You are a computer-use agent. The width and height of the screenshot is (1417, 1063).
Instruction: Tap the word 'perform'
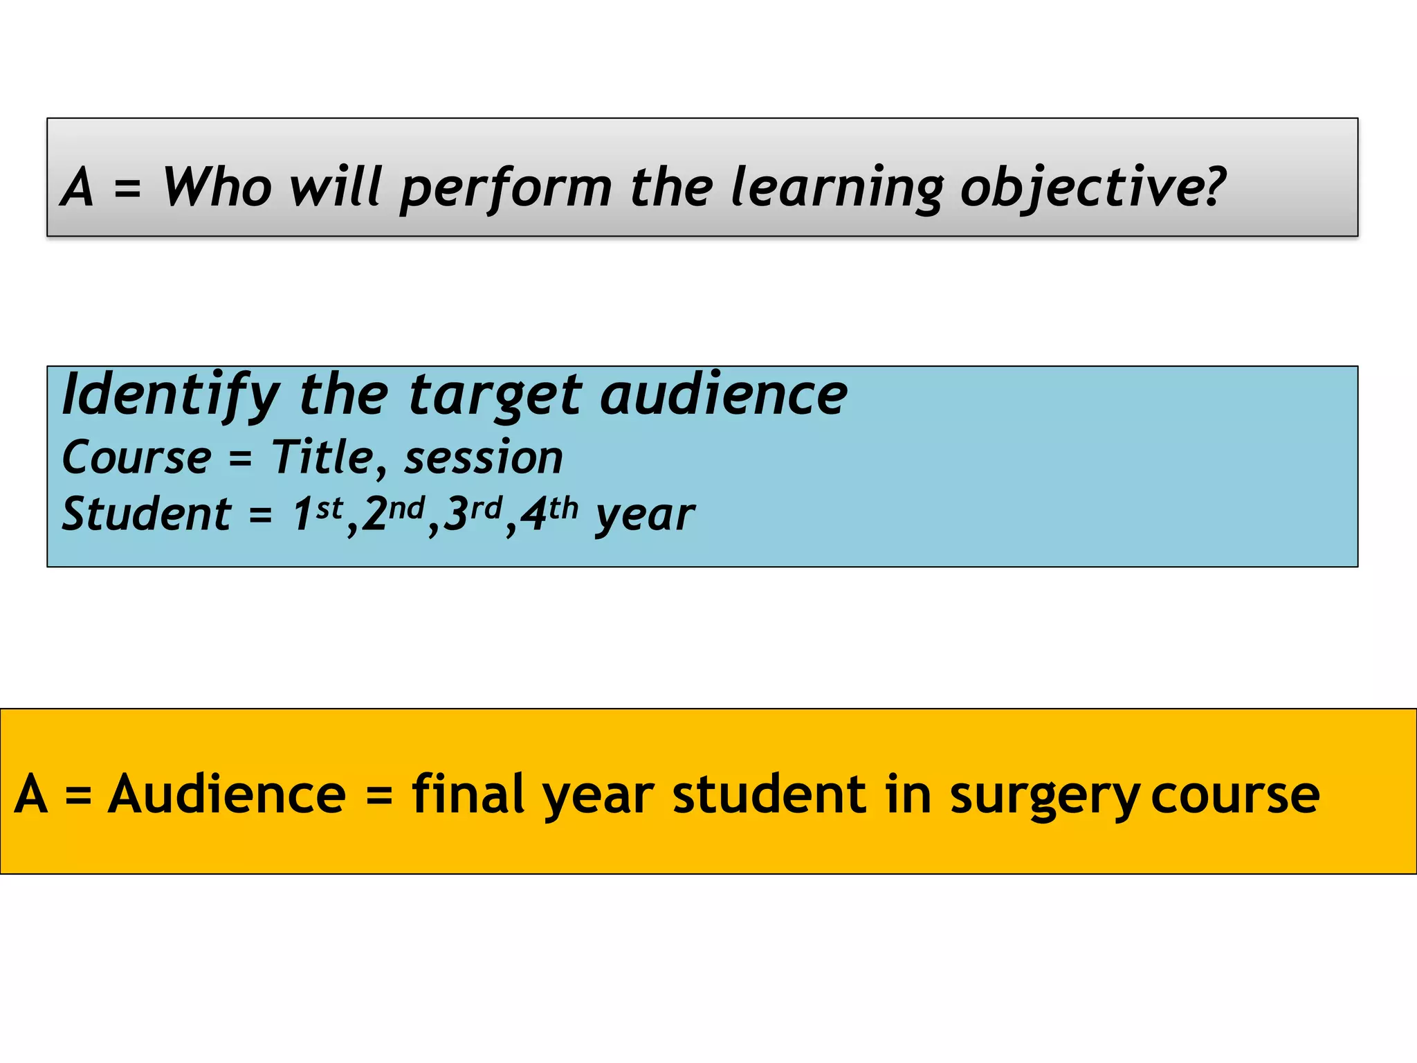click(x=506, y=188)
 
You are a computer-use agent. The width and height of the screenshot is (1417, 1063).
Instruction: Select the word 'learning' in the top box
click(x=837, y=188)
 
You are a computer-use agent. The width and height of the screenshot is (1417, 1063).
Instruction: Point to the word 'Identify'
click(x=170, y=394)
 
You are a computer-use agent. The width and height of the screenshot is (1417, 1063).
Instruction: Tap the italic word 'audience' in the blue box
click(x=724, y=394)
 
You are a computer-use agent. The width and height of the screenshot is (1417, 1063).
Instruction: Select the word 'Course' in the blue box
click(x=136, y=457)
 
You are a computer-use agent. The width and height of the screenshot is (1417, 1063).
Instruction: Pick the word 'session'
click(x=484, y=458)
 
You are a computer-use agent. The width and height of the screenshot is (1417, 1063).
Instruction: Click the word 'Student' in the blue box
click(x=146, y=514)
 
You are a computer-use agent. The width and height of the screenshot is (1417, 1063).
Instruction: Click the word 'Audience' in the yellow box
click(x=227, y=794)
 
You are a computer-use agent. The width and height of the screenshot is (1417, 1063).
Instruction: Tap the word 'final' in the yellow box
click(x=468, y=794)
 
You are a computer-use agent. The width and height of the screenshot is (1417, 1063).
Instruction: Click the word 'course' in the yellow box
click(x=1235, y=795)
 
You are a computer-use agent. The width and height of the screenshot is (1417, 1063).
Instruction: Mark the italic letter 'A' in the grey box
click(x=77, y=187)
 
